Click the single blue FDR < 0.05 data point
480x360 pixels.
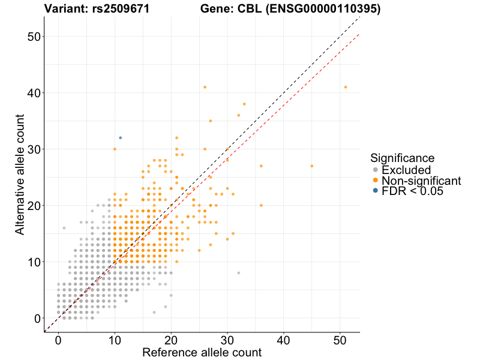[120, 137]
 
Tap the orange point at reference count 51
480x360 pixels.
[346, 87]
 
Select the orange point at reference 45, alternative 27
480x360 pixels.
[312, 166]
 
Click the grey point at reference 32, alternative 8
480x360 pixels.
[239, 273]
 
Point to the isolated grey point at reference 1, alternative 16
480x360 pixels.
[64, 228]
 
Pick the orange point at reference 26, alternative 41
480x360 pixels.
[205, 87]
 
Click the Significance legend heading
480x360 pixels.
[402, 158]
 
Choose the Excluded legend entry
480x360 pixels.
[406, 170]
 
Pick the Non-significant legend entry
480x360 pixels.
[421, 181]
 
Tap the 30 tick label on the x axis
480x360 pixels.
[227, 340]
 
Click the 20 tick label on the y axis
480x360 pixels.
[33, 206]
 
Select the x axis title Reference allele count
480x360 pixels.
[202, 353]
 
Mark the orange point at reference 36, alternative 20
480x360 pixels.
[261, 205]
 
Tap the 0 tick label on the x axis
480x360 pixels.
[58, 340]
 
